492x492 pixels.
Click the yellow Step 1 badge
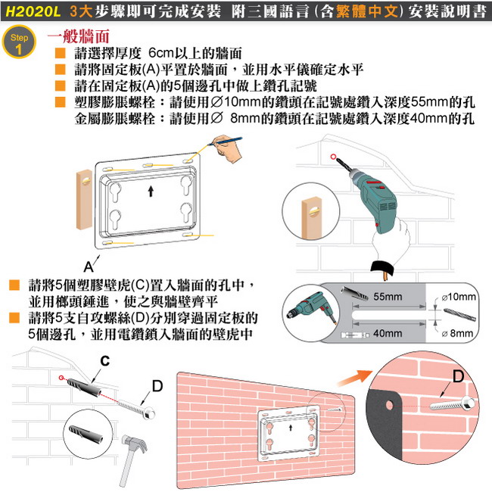[19, 42]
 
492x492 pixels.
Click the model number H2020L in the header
[33, 11]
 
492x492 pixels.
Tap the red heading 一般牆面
[79, 36]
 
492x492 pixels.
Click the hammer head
[135, 443]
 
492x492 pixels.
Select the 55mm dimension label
[388, 297]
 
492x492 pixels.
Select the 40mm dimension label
[388, 333]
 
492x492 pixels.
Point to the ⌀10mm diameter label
[459, 297]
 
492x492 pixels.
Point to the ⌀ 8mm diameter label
[457, 333]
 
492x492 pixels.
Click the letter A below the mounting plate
[89, 267]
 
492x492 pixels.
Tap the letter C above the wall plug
[105, 361]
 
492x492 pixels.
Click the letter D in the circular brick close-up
[459, 376]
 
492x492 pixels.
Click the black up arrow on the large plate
[151, 191]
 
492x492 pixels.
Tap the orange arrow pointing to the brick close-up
[354, 378]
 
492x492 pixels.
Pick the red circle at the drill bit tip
[333, 157]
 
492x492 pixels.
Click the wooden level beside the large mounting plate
[85, 199]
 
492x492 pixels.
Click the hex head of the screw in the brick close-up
[468, 402]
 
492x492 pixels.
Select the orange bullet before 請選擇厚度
[61, 53]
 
